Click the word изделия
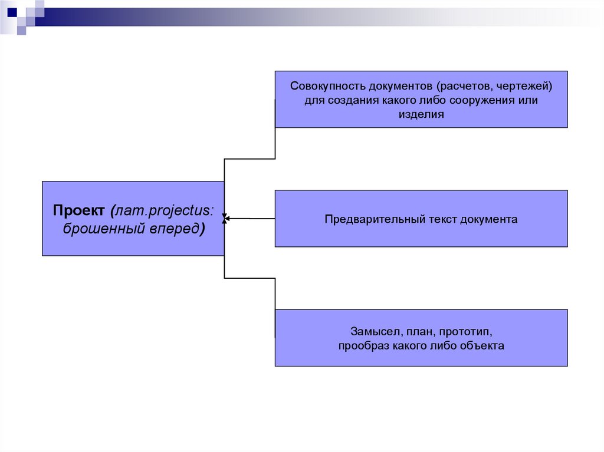421,115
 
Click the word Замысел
376,331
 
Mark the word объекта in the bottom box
484,346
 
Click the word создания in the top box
351,100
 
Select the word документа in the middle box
490,219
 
